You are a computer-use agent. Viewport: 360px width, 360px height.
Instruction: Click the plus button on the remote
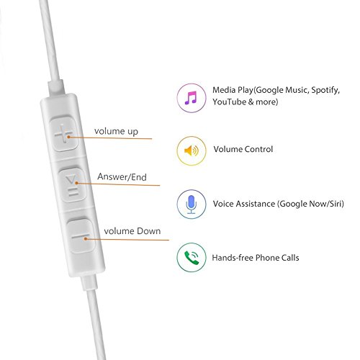[64, 133]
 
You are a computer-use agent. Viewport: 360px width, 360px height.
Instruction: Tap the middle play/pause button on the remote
[72, 185]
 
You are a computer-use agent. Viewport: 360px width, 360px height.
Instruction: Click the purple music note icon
[191, 98]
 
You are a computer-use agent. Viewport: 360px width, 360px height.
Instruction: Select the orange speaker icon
[192, 151]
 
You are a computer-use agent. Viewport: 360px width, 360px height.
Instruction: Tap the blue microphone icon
[192, 204]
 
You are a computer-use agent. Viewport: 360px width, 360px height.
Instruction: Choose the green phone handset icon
[192, 258]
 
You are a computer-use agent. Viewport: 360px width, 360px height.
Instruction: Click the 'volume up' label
[116, 132]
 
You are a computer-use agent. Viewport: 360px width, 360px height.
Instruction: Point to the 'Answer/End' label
[122, 177]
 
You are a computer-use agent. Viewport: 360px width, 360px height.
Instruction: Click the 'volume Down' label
[132, 231]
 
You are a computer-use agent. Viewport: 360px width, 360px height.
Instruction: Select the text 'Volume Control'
[243, 149]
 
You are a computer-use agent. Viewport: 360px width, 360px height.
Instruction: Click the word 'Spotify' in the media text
[325, 91]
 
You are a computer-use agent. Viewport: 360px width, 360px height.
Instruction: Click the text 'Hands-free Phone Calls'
[256, 258]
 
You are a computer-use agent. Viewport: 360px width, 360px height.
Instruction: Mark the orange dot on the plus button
[68, 137]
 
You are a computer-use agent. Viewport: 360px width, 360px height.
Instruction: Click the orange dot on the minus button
[86, 239]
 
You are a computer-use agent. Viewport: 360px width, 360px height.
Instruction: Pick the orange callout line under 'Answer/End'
[118, 184]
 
